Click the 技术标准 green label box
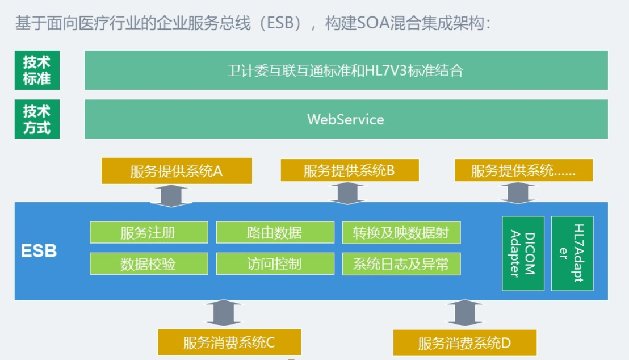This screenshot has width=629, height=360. click(37, 70)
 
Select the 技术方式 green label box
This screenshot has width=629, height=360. click(37, 119)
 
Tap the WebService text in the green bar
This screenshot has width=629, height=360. click(345, 119)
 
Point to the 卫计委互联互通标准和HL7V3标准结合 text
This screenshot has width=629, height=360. click(345, 70)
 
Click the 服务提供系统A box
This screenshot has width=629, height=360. click(177, 170)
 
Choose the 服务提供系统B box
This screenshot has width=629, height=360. click(349, 170)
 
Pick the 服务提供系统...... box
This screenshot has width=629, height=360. click(523, 170)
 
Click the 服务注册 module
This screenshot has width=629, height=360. click(149, 232)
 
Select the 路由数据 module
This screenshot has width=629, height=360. click(275, 232)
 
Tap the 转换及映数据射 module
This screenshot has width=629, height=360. click(401, 232)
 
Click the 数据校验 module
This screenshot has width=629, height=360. click(149, 263)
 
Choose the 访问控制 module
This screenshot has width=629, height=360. click(275, 263)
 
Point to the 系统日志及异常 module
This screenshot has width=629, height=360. click(401, 263)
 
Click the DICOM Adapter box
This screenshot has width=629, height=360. click(523, 253)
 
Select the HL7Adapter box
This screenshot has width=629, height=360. click(572, 253)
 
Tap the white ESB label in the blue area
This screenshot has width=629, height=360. click(39, 251)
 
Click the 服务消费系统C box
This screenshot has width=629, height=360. click(229, 342)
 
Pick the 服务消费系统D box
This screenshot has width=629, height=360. click(464, 343)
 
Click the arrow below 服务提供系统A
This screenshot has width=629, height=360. click(171, 196)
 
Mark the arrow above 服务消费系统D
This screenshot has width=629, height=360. click(465, 313)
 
